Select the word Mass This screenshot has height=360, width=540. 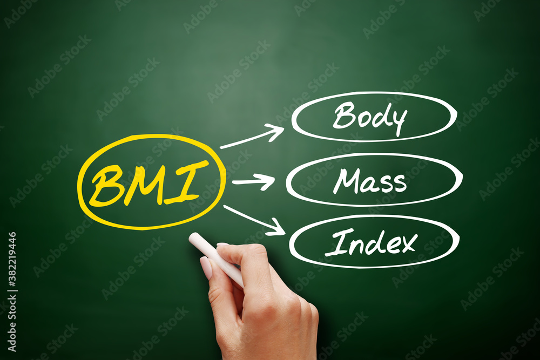(x=370, y=181)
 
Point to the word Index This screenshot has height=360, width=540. (x=371, y=244)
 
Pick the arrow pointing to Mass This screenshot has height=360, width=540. (x=254, y=181)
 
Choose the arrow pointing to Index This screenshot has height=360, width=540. (x=254, y=220)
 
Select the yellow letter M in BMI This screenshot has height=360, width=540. (x=145, y=184)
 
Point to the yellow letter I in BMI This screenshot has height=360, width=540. (x=186, y=181)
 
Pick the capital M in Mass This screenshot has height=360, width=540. (x=345, y=181)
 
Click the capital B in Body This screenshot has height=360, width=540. (x=343, y=116)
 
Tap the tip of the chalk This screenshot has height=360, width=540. (x=192, y=237)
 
